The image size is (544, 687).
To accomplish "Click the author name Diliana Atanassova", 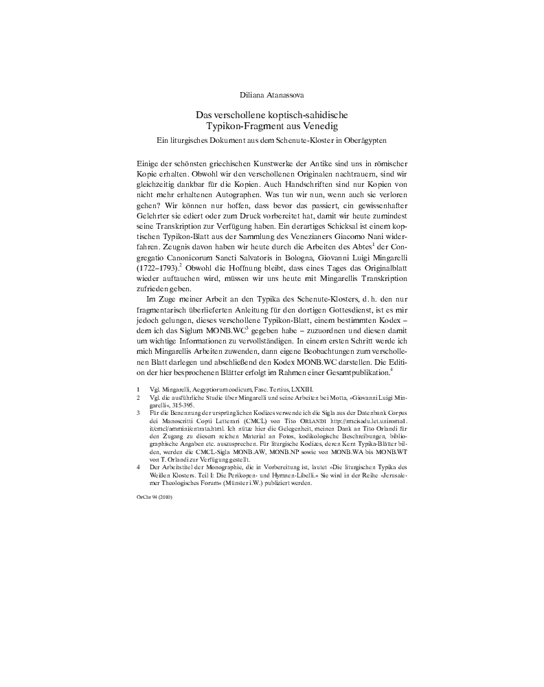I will coord(271,93).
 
